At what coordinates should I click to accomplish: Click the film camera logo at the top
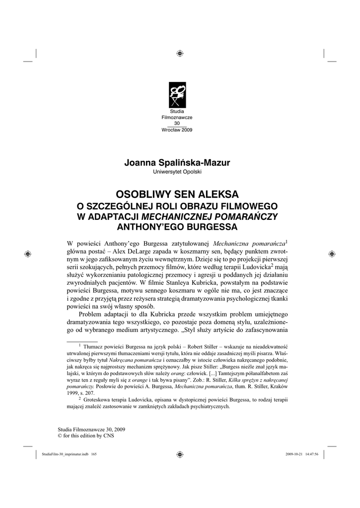click(177, 94)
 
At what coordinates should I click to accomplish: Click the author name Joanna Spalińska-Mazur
click(177, 163)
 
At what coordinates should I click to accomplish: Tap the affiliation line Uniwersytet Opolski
click(177, 172)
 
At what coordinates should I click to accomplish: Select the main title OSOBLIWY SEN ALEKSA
click(177, 193)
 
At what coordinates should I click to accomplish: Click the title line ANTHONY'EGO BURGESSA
click(177, 227)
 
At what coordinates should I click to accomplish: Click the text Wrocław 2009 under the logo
click(177, 130)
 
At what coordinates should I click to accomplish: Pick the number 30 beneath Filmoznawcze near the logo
click(177, 124)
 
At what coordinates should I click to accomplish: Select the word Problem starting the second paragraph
click(92, 315)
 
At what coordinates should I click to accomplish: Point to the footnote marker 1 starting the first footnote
click(80, 346)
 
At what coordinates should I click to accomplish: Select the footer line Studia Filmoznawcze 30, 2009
click(92, 428)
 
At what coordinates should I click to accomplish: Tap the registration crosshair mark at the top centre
click(180, 53)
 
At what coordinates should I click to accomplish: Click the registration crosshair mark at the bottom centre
click(180, 454)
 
